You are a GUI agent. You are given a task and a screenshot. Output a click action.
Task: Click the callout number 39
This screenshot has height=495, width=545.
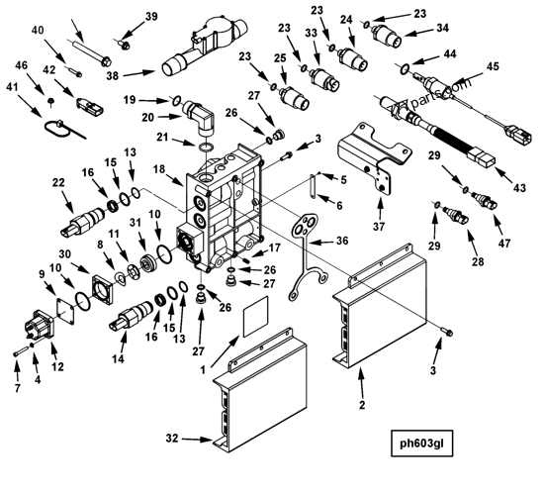point(150,17)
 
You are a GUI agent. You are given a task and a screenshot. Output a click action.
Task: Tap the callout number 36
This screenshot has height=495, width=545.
point(343,240)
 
